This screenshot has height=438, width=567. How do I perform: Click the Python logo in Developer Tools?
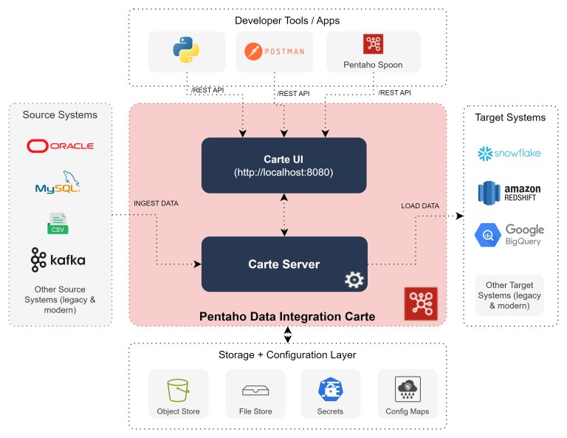point(186,50)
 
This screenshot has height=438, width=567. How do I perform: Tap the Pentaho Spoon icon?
point(373,45)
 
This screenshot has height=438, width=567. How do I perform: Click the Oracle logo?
point(60,146)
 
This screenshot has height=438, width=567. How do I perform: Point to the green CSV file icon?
point(58,222)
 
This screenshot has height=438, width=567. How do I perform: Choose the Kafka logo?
point(58,260)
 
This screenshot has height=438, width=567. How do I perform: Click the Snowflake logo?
point(509,153)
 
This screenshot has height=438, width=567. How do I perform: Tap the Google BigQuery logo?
point(509,235)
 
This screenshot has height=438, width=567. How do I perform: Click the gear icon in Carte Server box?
point(354,279)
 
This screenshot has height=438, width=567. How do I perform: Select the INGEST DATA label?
point(156,203)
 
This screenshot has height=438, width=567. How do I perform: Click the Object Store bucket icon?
point(178,389)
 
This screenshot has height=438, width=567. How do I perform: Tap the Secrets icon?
point(330,389)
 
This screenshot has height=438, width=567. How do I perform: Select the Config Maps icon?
point(408,389)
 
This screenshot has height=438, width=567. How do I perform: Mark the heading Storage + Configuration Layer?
point(287,355)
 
